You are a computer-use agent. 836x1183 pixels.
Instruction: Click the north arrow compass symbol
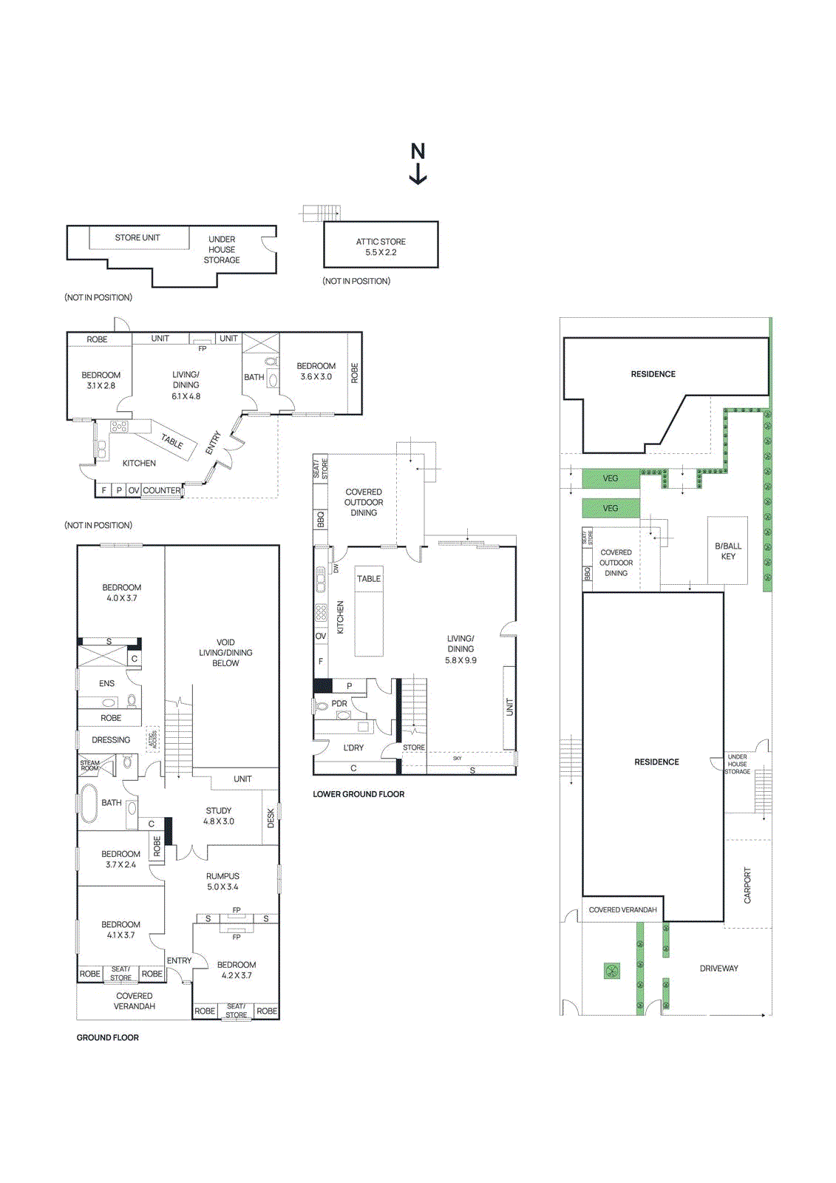(418, 163)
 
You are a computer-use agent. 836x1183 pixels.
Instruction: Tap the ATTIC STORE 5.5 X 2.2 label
(381, 247)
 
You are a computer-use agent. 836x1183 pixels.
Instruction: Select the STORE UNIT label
(137, 238)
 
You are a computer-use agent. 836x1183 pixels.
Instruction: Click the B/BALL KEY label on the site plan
(728, 551)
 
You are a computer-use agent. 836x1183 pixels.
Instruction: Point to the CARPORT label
(747, 885)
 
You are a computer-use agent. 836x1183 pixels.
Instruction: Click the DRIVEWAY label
(718, 969)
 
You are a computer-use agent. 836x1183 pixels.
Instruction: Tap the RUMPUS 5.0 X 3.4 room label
(222, 881)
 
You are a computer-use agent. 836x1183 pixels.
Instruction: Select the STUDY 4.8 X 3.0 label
(219, 816)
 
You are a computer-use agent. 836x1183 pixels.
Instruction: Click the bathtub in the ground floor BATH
(89, 803)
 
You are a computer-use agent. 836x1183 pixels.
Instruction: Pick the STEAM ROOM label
(89, 765)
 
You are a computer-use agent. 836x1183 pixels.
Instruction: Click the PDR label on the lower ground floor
(339, 704)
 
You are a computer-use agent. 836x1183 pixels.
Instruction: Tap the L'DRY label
(353, 748)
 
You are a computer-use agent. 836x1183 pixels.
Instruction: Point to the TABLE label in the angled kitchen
(171, 441)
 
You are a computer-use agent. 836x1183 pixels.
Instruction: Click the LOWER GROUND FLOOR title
(358, 794)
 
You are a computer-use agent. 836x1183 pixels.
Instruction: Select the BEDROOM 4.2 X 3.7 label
(237, 970)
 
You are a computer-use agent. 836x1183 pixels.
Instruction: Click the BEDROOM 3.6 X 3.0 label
(316, 371)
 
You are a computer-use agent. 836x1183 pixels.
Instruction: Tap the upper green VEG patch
(611, 478)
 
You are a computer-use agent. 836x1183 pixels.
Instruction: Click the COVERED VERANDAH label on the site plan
(622, 910)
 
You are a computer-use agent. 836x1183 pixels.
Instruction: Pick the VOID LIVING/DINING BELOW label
(225, 653)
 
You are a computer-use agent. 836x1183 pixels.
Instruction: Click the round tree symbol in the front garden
(611, 971)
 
